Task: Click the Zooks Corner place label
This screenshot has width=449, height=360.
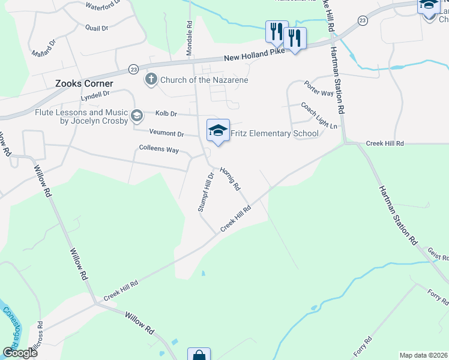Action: [81, 85]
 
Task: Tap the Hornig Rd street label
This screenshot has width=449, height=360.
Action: [230, 179]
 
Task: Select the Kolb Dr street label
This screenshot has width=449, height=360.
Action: [166, 113]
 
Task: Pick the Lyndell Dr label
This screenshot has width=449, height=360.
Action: [95, 95]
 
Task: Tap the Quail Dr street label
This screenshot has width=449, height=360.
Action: [96, 28]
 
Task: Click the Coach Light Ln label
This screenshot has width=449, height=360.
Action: [319, 116]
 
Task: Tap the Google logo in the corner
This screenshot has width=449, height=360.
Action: [20, 353]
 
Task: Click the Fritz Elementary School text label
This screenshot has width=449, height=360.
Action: [275, 133]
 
